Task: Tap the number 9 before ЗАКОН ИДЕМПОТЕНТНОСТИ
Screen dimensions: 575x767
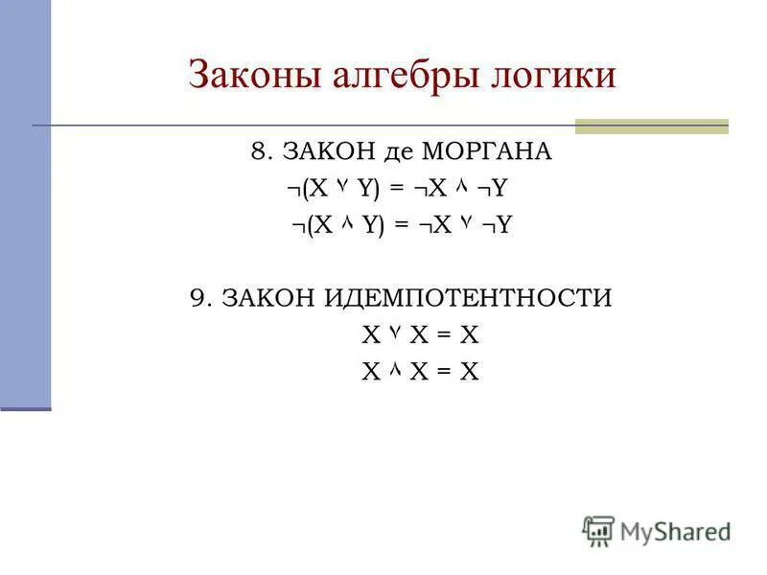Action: coord(198,298)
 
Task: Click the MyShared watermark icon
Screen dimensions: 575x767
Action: coord(598,530)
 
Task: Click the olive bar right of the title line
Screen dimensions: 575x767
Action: coord(651,126)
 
